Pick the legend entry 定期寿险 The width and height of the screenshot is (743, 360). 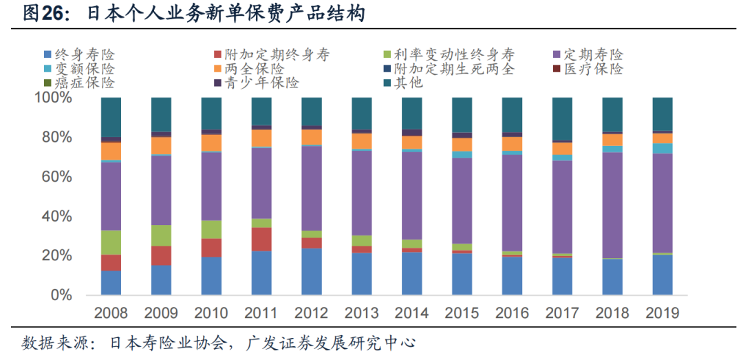coord(592,54)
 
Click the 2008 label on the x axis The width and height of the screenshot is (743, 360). coord(111,313)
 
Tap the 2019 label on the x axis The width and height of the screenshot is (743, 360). coord(662,313)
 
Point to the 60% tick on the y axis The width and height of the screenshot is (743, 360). coord(53,177)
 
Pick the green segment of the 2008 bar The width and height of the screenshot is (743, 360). coord(111,242)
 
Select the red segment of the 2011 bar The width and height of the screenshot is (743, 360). coord(261,239)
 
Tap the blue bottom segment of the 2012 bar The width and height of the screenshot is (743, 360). coord(312,271)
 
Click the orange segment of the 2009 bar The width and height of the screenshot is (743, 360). coord(161,145)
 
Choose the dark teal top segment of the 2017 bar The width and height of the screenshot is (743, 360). coord(562,118)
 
